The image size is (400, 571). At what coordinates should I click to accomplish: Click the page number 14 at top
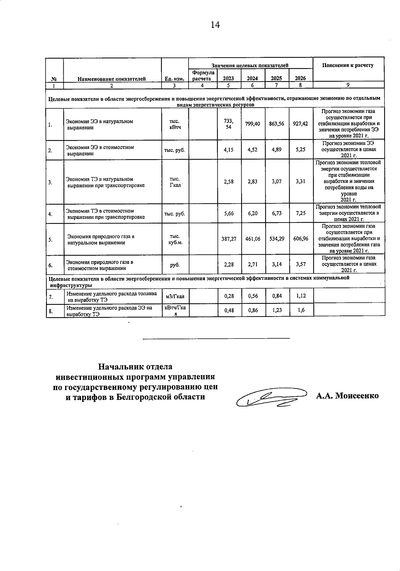215,25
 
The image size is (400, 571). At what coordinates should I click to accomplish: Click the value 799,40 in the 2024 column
253,124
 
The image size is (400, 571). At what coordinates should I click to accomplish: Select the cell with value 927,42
300,124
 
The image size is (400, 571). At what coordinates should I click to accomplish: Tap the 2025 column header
276,79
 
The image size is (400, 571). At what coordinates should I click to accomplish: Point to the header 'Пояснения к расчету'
348,65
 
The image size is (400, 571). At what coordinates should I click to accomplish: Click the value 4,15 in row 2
229,150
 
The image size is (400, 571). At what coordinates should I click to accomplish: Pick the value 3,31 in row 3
300,182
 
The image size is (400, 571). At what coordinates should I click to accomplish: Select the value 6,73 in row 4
277,213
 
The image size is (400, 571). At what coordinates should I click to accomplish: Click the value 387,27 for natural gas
229,239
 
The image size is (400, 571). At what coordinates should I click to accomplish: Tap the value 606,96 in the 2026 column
301,239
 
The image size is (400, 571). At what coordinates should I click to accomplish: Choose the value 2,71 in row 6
253,265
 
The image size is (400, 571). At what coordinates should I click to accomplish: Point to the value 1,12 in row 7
301,296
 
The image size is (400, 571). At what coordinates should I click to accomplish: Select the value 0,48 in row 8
229,310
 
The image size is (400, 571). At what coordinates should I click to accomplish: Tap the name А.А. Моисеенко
347,396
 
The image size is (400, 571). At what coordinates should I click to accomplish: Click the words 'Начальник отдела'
135,367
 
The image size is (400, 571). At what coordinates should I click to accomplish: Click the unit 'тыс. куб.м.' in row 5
175,239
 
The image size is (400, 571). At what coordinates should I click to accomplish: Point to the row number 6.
50,266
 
